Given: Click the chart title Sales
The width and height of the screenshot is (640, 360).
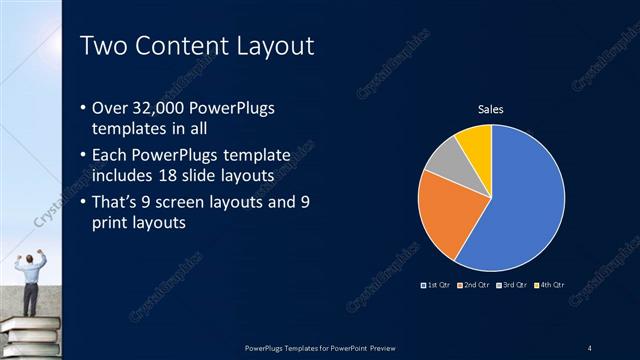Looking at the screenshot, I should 490,109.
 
